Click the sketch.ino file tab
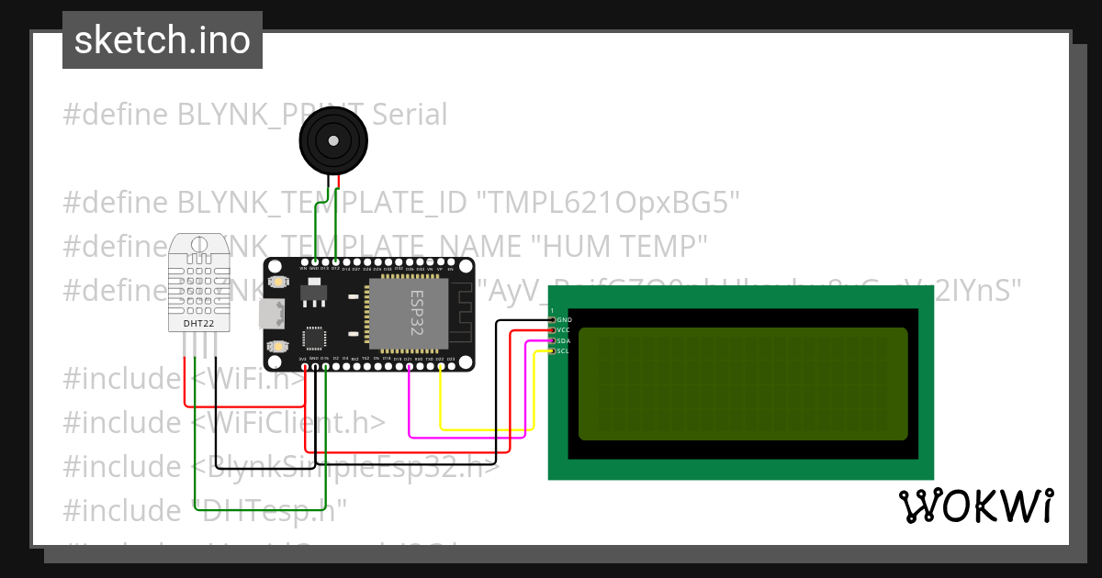(163, 40)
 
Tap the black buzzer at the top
(333, 140)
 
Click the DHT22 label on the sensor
(199, 323)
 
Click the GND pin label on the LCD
(564, 319)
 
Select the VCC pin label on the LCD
(564, 329)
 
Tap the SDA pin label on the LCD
(564, 340)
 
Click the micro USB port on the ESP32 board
(270, 314)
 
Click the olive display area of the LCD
(742, 383)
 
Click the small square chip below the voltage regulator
(315, 337)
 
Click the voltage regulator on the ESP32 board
(313, 291)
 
